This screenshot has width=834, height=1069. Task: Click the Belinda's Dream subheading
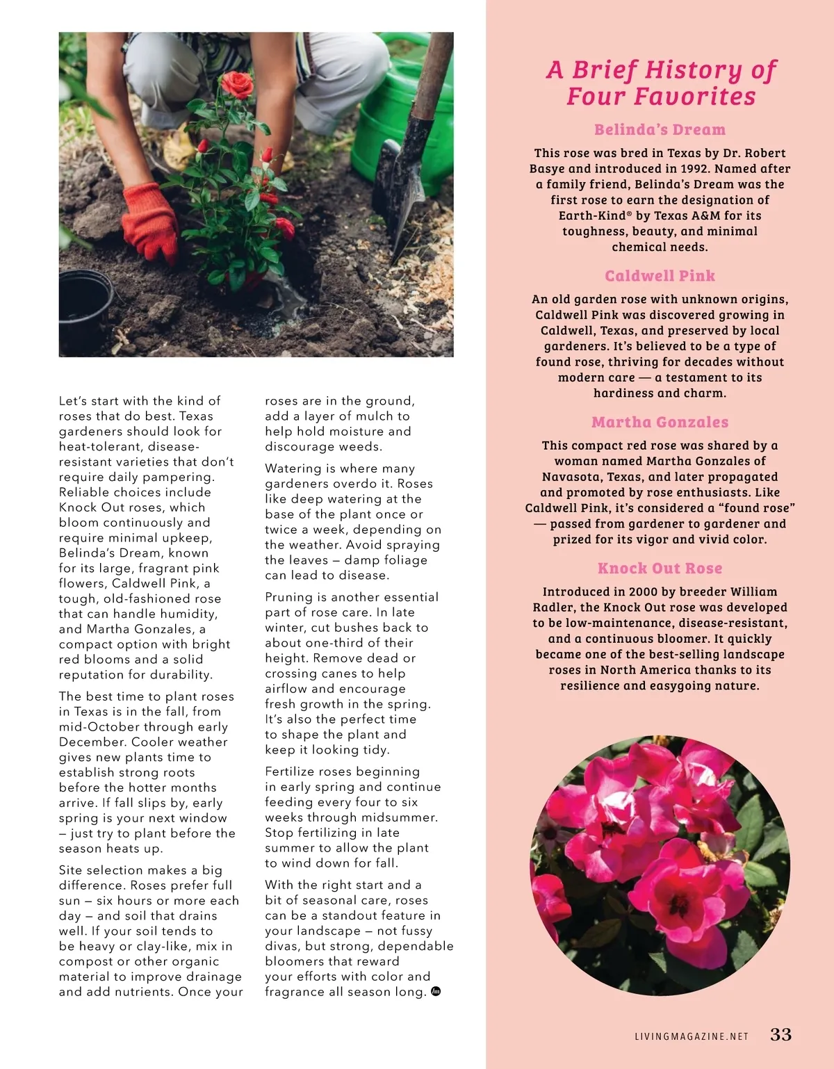pyautogui.click(x=660, y=130)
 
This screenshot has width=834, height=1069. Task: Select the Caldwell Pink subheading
pyautogui.click(x=660, y=276)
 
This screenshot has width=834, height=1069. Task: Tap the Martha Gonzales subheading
pyautogui.click(x=660, y=423)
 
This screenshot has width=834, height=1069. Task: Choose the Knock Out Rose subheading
pyautogui.click(x=660, y=569)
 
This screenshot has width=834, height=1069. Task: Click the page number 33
pyautogui.click(x=780, y=1034)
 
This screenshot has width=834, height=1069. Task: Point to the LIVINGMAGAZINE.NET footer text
pyautogui.click(x=692, y=1036)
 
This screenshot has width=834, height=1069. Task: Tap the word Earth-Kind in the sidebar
pyautogui.click(x=592, y=215)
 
